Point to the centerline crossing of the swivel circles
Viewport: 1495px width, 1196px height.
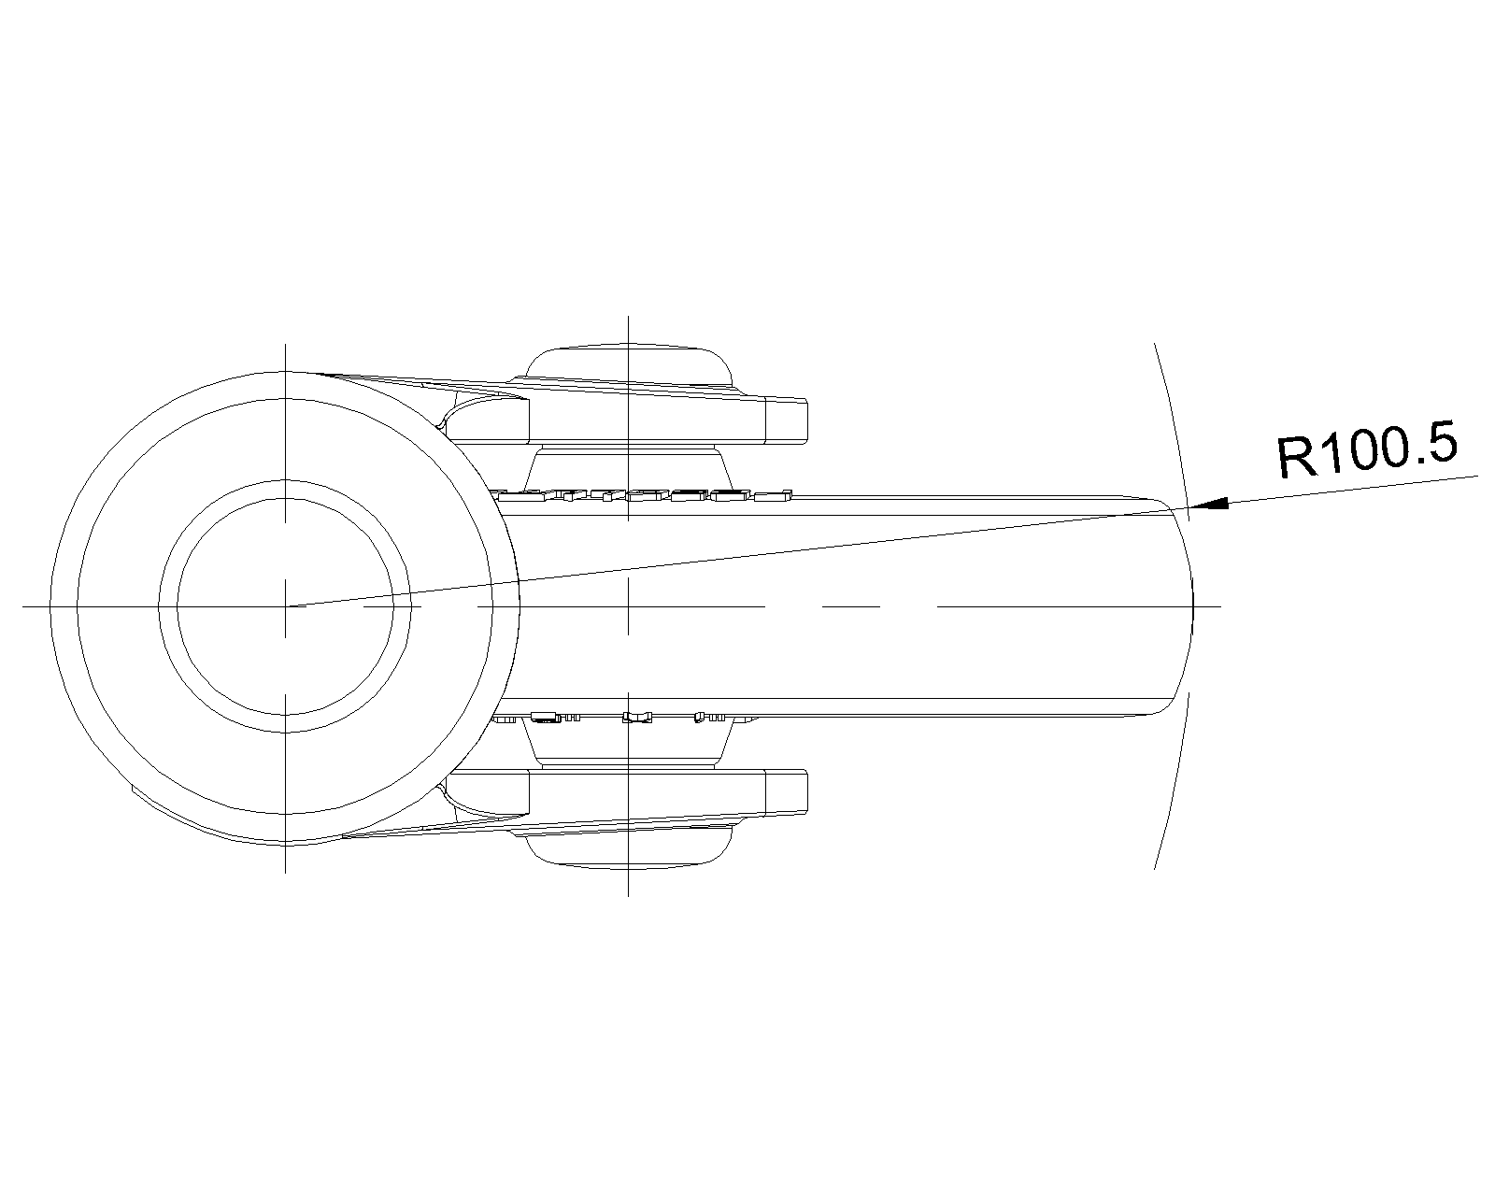[x=286, y=606]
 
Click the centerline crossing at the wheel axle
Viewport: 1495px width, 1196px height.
[x=628, y=606]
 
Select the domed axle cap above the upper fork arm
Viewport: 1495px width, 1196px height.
[x=628, y=363]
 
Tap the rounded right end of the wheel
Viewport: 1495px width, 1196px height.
[x=1190, y=606]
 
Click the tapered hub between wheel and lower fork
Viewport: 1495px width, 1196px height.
[x=628, y=746]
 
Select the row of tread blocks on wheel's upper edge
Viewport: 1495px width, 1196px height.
[x=645, y=494]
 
